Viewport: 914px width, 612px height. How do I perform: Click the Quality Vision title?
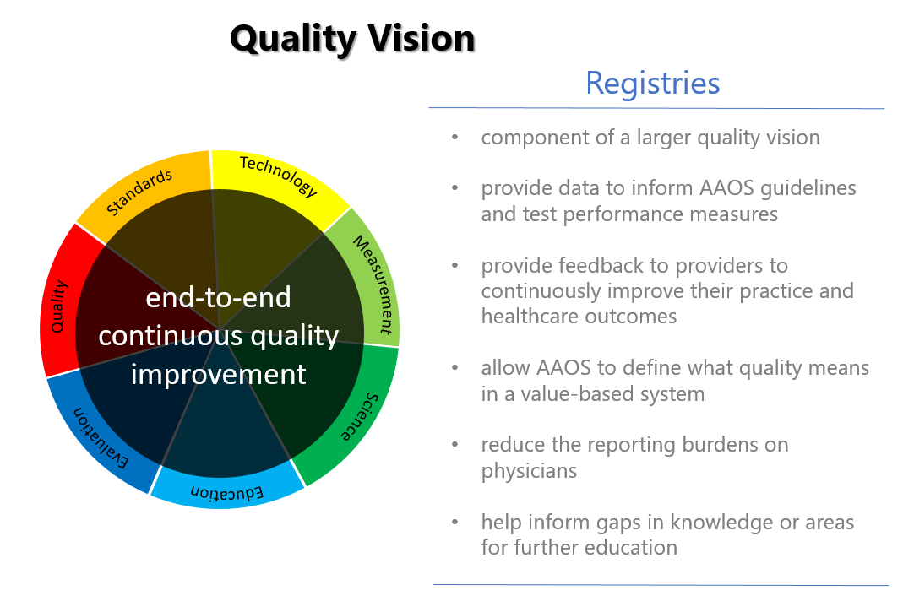(352, 39)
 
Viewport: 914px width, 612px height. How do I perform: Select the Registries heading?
(653, 84)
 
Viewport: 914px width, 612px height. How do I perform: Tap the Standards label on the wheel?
(139, 192)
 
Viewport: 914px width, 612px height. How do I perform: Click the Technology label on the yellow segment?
(279, 176)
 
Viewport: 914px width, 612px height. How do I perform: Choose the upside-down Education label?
(227, 493)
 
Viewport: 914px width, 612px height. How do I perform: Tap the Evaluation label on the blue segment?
(101, 438)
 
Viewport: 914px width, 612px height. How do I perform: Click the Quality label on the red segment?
(59, 306)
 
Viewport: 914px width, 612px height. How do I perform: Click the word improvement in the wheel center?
(218, 374)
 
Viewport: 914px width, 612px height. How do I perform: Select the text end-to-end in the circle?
(218, 297)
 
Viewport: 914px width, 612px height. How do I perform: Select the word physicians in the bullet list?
(529, 471)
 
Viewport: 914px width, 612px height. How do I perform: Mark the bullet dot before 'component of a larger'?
(455, 138)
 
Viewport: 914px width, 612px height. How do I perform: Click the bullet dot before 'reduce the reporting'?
(455, 446)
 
